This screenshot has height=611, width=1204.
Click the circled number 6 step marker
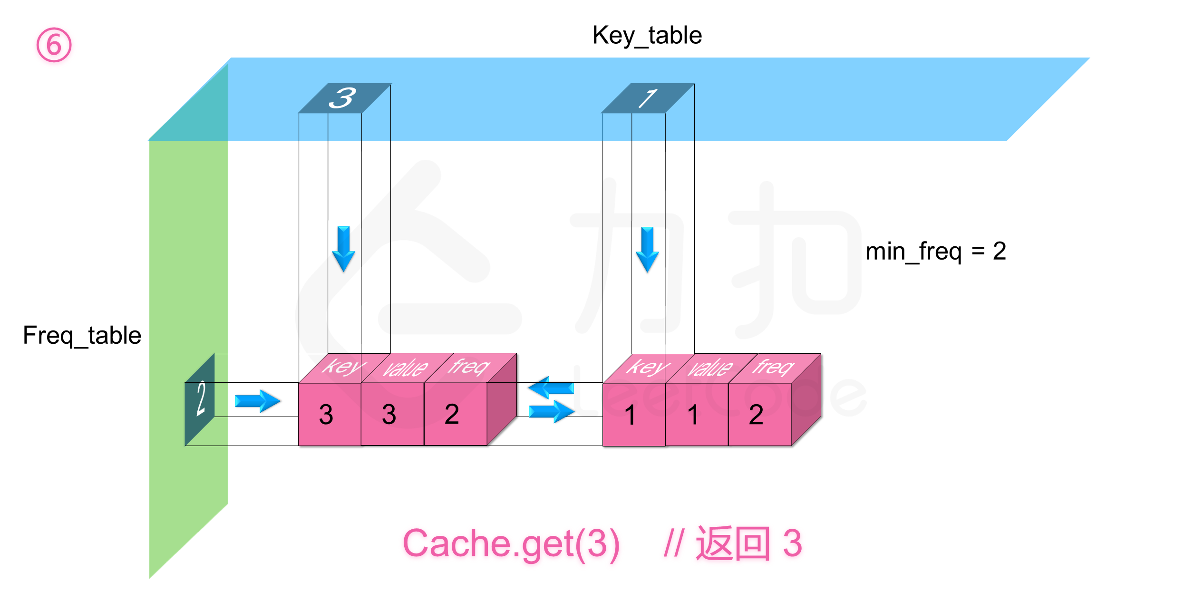[x=54, y=45]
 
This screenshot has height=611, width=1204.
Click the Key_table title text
[x=647, y=36]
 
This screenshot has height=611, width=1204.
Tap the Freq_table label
[x=82, y=336]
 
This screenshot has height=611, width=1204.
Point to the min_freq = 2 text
[x=935, y=252]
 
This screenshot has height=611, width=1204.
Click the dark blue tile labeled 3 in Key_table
[x=343, y=98]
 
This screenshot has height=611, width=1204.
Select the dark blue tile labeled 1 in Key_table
[x=647, y=98]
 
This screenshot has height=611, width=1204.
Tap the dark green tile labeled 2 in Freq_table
[x=200, y=399]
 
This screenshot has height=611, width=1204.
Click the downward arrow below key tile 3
[x=343, y=249]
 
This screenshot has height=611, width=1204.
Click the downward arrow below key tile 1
[x=647, y=249]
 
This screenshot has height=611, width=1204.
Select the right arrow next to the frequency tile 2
[x=257, y=401]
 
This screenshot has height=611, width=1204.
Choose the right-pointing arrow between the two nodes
[x=552, y=411]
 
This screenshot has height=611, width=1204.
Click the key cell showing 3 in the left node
[x=327, y=415]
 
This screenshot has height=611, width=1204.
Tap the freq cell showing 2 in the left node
[x=452, y=415]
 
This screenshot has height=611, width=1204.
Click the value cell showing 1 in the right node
[x=694, y=415]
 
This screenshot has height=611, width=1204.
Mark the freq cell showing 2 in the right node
[x=757, y=415]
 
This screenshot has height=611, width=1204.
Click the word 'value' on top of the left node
[x=406, y=368]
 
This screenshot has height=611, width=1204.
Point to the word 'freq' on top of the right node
[x=773, y=367]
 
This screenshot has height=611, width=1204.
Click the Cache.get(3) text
[x=511, y=543]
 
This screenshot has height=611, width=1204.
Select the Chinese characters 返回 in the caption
[x=732, y=543]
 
